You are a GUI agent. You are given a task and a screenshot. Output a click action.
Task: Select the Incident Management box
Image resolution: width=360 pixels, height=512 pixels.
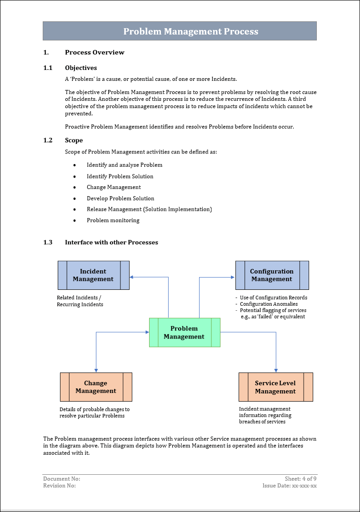click(93, 275)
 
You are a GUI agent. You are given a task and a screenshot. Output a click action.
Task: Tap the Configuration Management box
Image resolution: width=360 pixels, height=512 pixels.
click(272, 275)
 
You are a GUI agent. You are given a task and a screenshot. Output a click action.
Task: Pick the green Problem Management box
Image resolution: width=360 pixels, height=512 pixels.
click(185, 333)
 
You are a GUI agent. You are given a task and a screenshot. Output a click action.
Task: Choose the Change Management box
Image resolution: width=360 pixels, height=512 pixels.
click(96, 387)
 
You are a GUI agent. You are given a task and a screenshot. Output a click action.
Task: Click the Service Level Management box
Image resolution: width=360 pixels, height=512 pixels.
click(275, 387)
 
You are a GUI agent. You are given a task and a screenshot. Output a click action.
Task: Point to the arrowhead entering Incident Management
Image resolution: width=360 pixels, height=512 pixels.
click(131, 277)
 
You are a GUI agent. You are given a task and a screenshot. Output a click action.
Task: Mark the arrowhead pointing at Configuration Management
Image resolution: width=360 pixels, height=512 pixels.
click(233, 277)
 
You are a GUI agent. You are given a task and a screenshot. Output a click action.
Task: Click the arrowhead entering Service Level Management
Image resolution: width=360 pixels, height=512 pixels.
click(276, 370)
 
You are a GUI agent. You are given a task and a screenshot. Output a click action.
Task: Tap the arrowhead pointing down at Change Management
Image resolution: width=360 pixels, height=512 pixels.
click(96, 370)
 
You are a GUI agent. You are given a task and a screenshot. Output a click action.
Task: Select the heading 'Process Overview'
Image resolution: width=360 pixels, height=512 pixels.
click(95, 52)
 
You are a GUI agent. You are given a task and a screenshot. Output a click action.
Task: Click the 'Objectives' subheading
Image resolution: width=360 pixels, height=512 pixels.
click(81, 68)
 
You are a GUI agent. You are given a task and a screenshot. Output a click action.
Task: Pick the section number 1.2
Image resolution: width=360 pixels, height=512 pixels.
click(48, 140)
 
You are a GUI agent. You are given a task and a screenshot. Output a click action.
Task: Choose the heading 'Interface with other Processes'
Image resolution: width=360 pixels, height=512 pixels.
click(111, 242)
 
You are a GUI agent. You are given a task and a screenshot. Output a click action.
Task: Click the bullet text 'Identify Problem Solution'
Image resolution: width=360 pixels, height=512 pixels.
click(120, 176)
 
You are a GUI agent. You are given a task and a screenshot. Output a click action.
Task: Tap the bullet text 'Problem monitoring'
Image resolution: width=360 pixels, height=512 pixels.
click(113, 220)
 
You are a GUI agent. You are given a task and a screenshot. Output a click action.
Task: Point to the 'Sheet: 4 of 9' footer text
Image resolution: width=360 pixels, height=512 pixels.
click(300, 479)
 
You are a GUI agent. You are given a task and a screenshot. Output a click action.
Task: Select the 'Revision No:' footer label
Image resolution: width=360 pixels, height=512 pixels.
click(60, 486)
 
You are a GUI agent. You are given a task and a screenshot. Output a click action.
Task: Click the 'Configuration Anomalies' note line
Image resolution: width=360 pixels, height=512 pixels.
click(269, 304)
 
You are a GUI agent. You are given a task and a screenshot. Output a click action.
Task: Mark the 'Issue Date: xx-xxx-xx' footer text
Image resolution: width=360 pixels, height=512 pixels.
click(290, 486)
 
